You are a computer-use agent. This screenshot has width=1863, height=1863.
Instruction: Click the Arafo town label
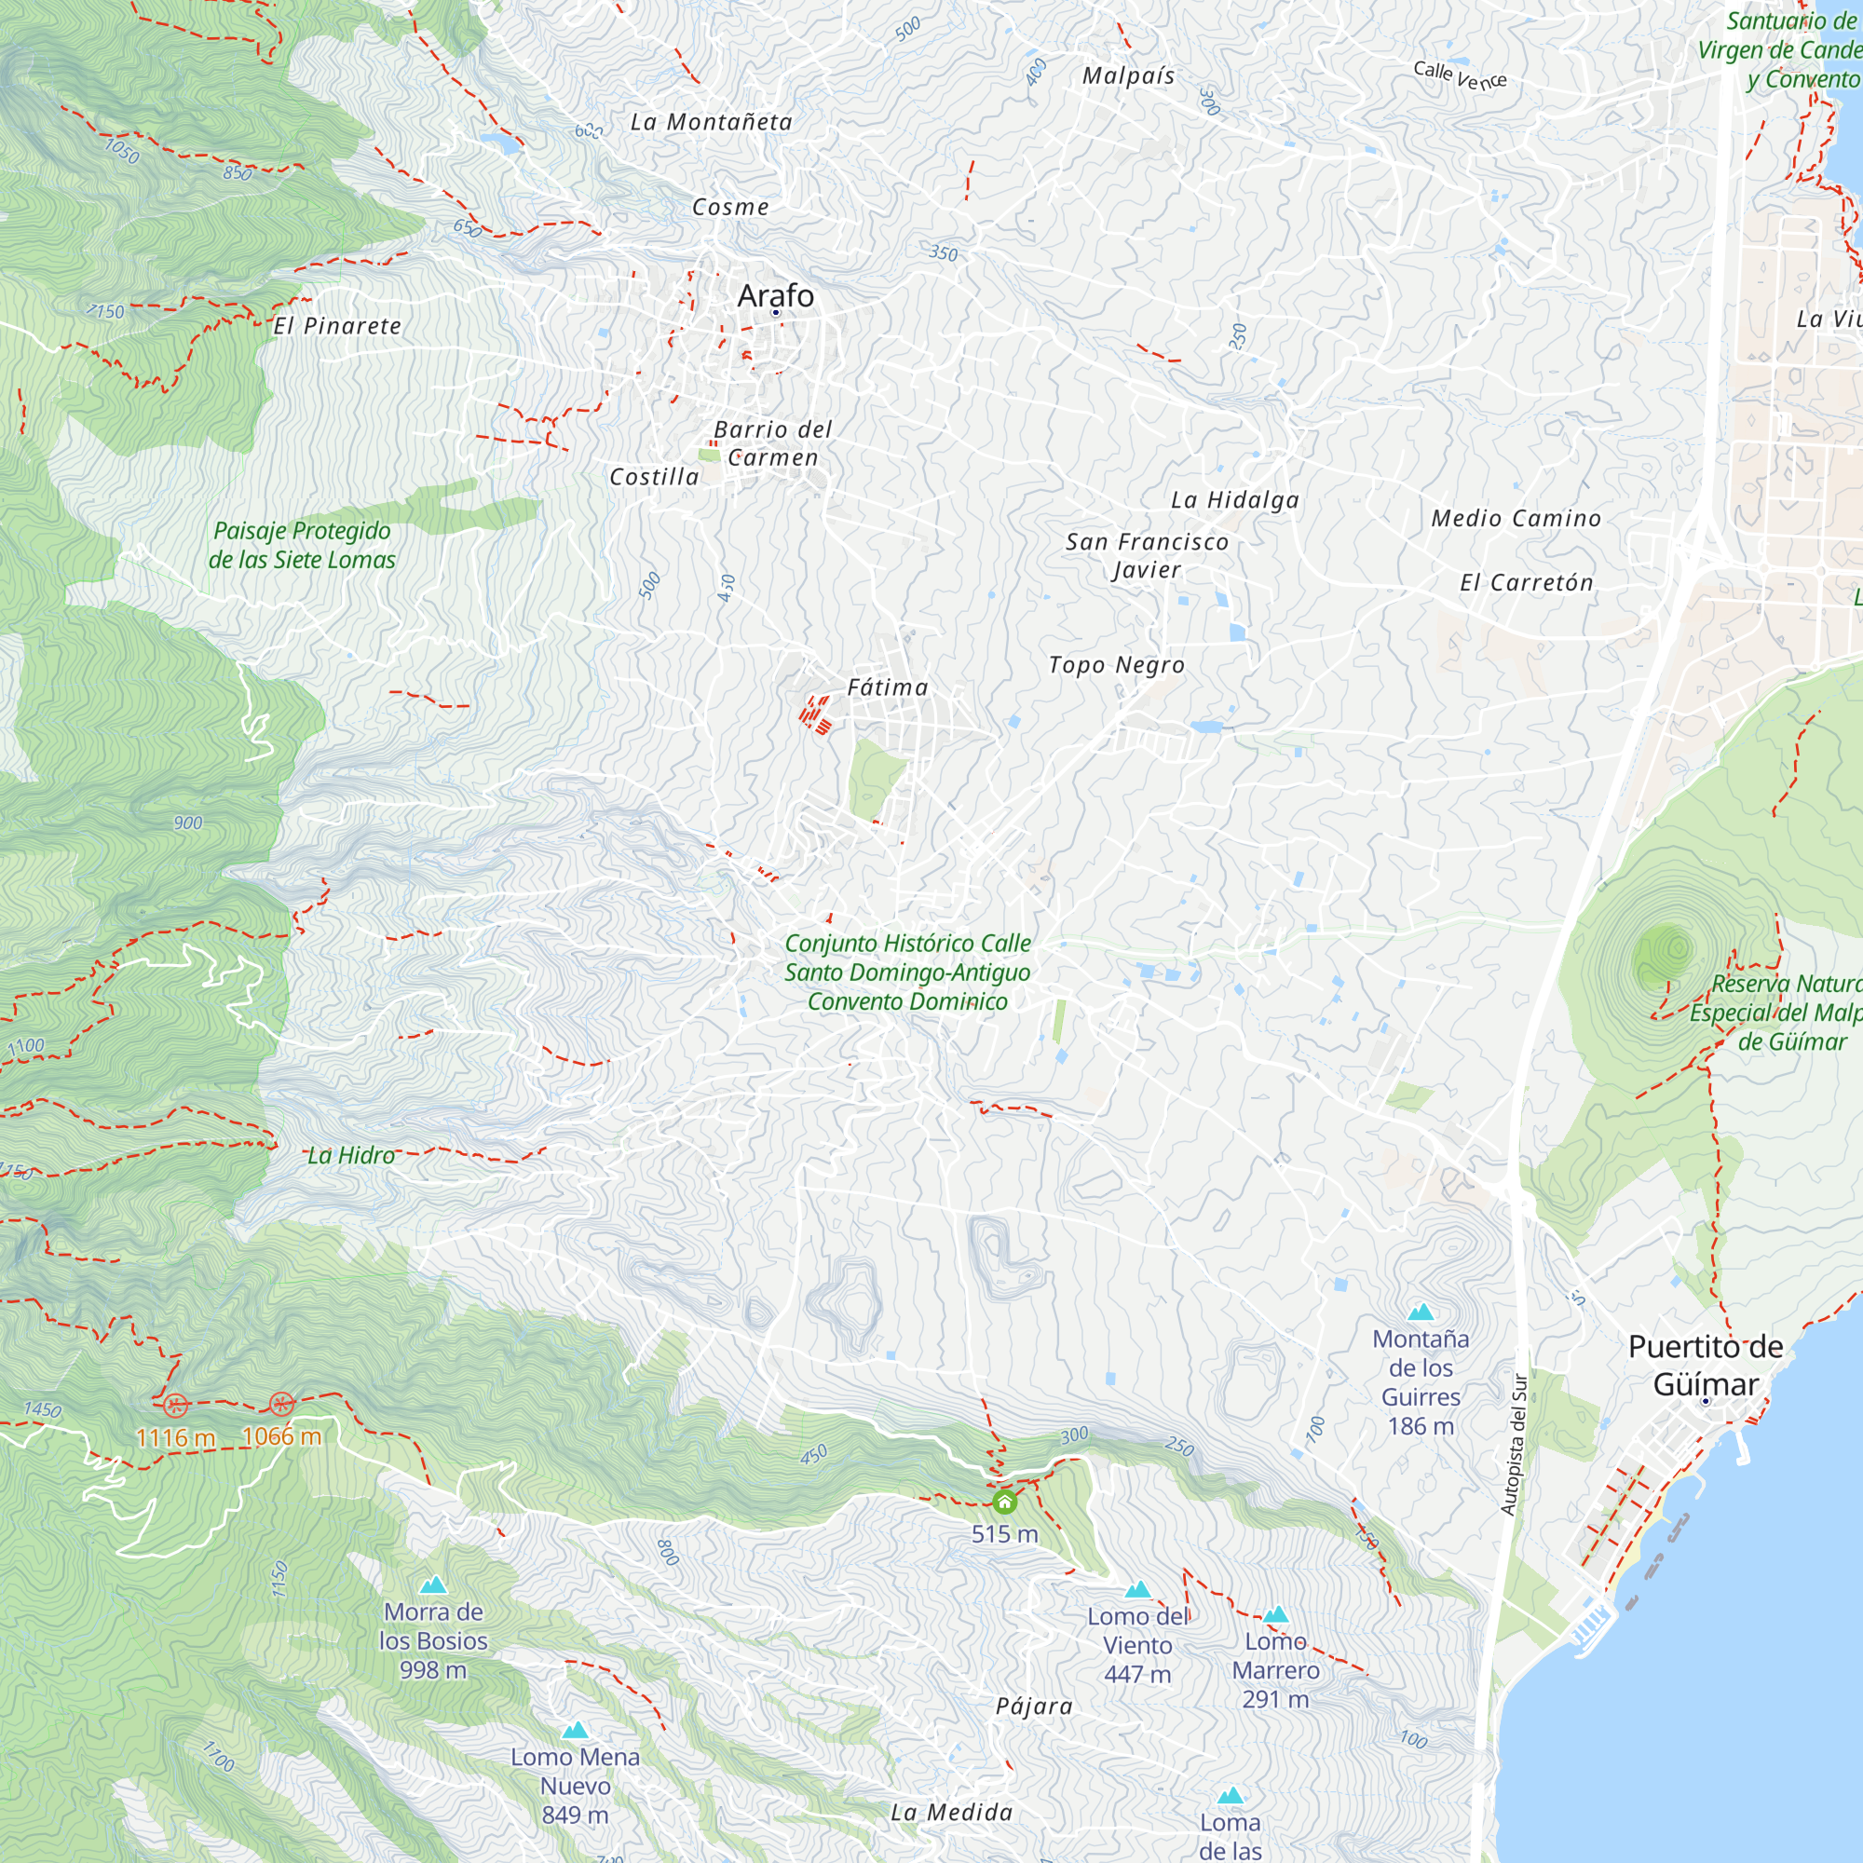[775, 296]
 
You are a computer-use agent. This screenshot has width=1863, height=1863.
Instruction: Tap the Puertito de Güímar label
[1706, 1365]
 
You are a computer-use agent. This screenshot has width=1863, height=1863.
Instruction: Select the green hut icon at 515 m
[1005, 1503]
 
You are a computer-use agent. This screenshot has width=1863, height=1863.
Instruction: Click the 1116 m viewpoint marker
[174, 1405]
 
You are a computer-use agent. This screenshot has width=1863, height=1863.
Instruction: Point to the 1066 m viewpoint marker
[281, 1404]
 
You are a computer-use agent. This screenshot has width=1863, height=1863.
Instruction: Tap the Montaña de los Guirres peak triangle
[1421, 1312]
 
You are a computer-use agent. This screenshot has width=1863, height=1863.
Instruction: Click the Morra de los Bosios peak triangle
[433, 1585]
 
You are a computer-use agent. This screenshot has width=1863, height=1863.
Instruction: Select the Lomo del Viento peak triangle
[1138, 1590]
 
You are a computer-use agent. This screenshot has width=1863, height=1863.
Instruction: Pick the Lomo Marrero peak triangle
[1276, 1615]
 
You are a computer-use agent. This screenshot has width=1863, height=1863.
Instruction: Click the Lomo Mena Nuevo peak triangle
[575, 1731]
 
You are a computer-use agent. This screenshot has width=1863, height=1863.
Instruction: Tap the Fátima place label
[887, 687]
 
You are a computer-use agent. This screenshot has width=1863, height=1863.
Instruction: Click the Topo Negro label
[1117, 665]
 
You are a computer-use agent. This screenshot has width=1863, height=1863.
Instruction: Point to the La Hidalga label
[1235, 499]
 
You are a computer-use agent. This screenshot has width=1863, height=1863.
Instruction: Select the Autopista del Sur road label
[1514, 1445]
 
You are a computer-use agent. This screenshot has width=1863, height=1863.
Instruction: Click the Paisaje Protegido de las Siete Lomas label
[302, 545]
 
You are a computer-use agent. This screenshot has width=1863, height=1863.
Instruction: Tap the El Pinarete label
[337, 326]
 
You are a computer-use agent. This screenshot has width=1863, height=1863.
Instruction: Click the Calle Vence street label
[1460, 75]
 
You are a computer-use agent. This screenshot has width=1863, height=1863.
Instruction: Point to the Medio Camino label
[1516, 519]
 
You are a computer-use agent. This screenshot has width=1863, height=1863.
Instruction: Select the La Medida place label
[952, 1813]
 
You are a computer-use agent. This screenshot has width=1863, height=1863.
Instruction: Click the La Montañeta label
[712, 122]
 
